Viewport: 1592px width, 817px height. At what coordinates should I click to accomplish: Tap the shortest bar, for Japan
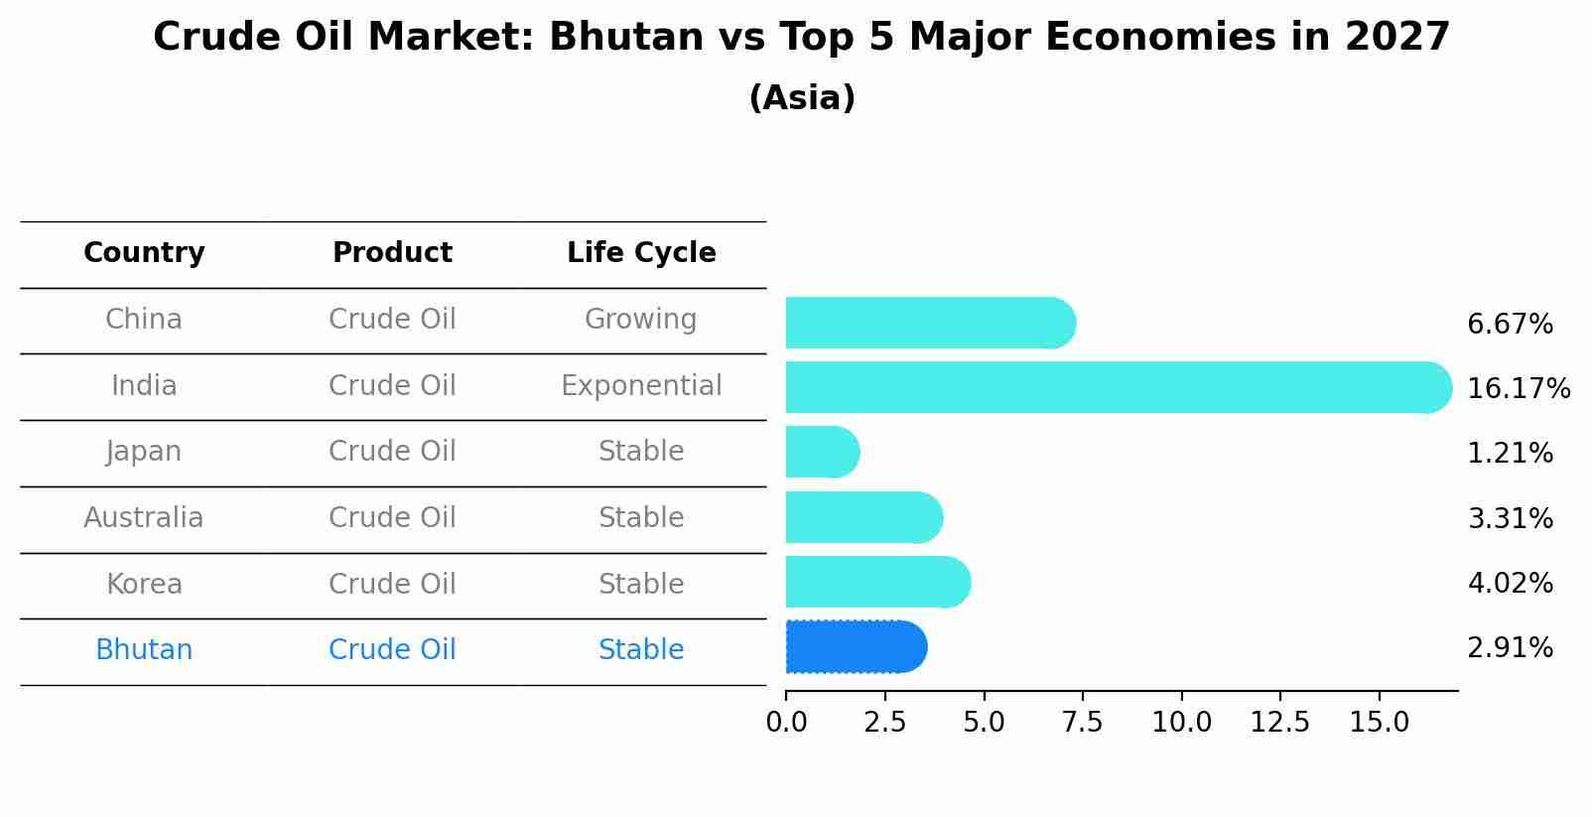(822, 453)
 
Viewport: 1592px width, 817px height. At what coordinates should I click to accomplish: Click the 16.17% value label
(1518, 388)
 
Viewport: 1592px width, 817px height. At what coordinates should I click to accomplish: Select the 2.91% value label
(1510, 648)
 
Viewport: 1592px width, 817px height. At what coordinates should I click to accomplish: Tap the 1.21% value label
(1510, 454)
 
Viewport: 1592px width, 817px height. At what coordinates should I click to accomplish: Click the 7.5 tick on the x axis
(1082, 723)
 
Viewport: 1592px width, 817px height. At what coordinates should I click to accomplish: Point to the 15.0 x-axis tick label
(1379, 723)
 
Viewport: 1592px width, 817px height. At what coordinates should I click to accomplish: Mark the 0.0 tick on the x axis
(786, 723)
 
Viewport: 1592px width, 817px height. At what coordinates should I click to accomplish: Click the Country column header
(144, 253)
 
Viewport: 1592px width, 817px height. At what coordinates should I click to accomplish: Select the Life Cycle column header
(641, 253)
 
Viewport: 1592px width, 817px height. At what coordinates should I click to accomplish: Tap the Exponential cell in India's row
(641, 385)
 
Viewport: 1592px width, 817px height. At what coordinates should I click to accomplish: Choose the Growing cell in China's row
(640, 320)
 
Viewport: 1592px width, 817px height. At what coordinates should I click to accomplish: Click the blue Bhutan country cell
(144, 650)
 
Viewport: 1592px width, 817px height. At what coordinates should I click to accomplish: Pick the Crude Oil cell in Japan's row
(392, 452)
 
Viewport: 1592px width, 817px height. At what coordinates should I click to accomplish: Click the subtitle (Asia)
(802, 98)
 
